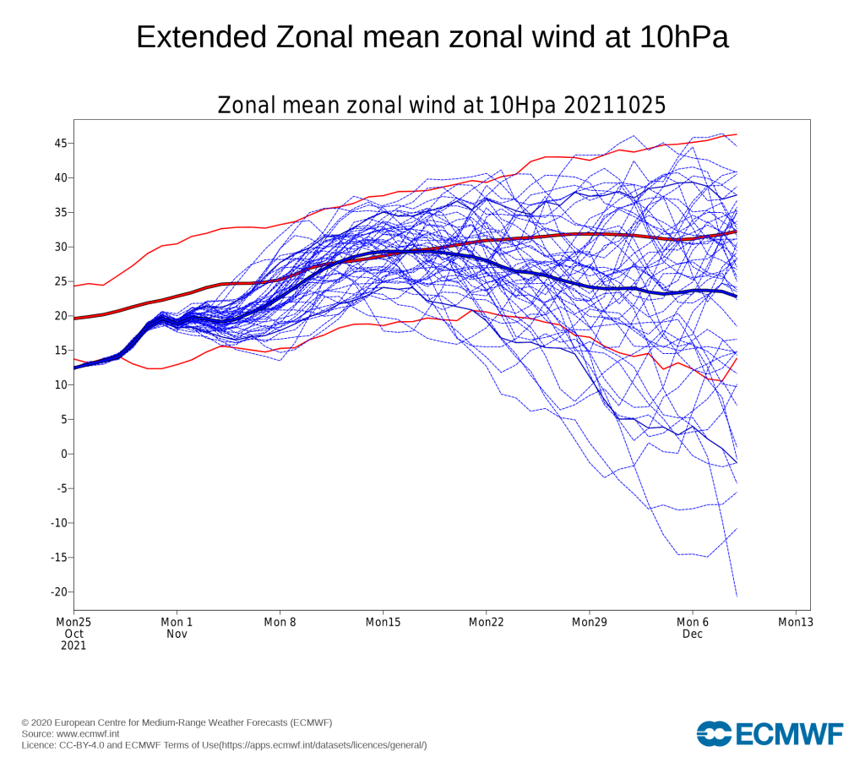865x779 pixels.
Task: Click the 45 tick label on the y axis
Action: (60, 144)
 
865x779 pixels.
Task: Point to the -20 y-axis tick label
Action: (58, 592)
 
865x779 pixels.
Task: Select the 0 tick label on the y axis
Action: (64, 454)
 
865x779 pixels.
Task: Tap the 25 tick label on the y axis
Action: (60, 281)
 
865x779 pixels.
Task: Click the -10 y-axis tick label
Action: (58, 523)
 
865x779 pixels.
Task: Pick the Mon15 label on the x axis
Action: (383, 623)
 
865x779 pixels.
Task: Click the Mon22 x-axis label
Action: (486, 623)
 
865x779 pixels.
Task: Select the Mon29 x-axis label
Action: (589, 623)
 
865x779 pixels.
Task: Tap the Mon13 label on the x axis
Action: (796, 623)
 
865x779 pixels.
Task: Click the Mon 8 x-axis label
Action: (280, 623)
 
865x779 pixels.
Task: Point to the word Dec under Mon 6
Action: (693, 634)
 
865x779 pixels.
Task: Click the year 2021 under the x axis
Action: (73, 646)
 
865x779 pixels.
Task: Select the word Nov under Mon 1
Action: (177, 634)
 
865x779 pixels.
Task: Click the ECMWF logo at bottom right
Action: (770, 733)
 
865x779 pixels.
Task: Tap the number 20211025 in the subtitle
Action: (615, 105)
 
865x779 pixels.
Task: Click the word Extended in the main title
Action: (201, 37)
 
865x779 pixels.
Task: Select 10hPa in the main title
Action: (684, 37)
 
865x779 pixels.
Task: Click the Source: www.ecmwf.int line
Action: (70, 733)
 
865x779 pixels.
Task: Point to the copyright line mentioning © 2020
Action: (177, 722)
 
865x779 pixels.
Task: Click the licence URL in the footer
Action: (324, 745)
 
